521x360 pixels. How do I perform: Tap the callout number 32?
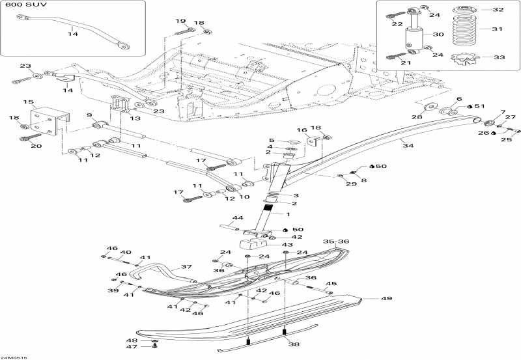pyautogui.click(x=498, y=10)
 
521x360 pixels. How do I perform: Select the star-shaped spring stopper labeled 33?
pyautogui.click(x=463, y=59)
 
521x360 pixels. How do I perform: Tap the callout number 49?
pyautogui.click(x=386, y=299)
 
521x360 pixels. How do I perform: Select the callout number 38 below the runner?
pyautogui.click(x=294, y=345)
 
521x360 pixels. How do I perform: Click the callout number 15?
pyautogui.click(x=28, y=102)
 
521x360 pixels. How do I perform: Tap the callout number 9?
pyautogui.click(x=89, y=115)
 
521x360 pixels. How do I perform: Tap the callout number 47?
pyautogui.click(x=131, y=347)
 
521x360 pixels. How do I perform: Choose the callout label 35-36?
pyautogui.click(x=336, y=241)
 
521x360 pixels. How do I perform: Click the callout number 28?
pyautogui.click(x=416, y=117)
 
